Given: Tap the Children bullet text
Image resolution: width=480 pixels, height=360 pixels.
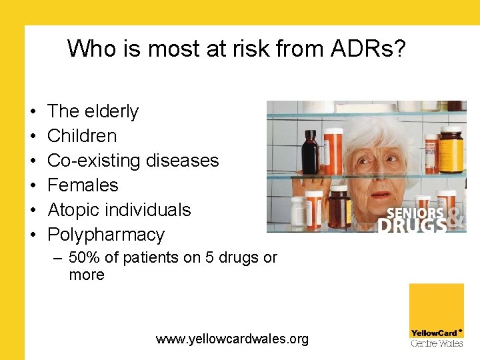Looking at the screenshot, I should pyautogui.click(x=82, y=136).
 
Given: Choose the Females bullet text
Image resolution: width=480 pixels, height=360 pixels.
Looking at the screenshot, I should pyautogui.click(x=83, y=185).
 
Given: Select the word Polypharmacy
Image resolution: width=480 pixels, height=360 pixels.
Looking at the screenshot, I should pyautogui.click(x=106, y=235).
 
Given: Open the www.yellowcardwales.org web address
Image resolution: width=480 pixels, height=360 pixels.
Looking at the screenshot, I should pyautogui.click(x=232, y=339).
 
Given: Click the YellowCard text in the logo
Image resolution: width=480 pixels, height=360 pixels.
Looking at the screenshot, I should pyautogui.click(x=434, y=333).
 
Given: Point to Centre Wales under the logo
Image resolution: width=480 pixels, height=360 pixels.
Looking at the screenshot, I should pyautogui.click(x=436, y=343).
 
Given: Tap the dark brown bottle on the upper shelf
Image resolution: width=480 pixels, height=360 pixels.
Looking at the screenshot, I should pyautogui.click(x=309, y=151).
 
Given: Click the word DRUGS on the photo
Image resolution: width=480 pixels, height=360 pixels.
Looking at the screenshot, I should pyautogui.click(x=411, y=226).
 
